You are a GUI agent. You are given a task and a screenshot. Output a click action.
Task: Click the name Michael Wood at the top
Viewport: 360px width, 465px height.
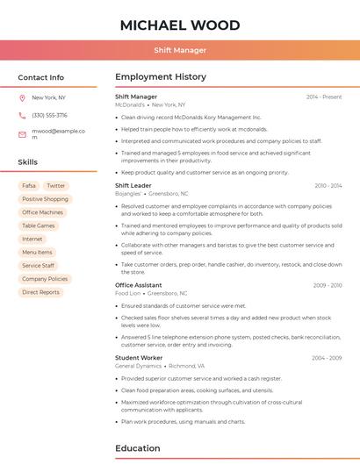pos(180,25)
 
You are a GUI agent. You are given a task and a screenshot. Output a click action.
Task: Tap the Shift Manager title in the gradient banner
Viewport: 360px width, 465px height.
pos(180,50)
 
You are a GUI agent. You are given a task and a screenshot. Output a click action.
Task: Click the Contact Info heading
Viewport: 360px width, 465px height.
pos(41,77)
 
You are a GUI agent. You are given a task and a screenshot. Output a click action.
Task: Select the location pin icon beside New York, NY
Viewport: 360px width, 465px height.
pos(22,98)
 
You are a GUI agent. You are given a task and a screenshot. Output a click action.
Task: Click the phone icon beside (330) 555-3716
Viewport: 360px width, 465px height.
pos(22,115)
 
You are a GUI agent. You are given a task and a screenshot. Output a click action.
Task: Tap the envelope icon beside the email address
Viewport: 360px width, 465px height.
pos(22,134)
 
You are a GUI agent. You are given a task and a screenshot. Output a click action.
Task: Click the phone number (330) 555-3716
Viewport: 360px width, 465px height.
pos(49,115)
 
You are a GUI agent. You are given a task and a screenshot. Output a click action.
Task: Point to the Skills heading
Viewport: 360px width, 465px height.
pos(28,162)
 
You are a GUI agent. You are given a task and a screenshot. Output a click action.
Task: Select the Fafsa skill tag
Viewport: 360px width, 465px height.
pos(29,186)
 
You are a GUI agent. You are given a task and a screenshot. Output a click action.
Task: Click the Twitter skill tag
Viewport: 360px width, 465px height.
pos(56,186)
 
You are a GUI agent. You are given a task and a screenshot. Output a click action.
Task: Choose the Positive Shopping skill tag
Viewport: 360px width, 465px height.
pos(45,199)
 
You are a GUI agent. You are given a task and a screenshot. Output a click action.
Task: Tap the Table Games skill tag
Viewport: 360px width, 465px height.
pos(39,225)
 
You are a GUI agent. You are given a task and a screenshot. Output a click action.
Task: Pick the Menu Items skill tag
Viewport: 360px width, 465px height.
pos(37,253)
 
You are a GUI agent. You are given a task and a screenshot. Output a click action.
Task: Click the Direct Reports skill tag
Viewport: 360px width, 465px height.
pos(41,292)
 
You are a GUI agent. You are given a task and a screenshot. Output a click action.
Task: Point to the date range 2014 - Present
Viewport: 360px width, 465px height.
pos(324,97)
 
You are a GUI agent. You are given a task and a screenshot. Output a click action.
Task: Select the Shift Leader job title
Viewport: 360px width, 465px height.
pos(133,186)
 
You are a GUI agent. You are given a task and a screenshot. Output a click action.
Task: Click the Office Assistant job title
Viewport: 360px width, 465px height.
pos(139,285)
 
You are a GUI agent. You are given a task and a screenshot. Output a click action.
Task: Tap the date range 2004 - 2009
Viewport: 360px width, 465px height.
pos(327,358)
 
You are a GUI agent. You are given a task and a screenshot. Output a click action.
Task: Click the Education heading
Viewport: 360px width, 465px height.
pos(139,447)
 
